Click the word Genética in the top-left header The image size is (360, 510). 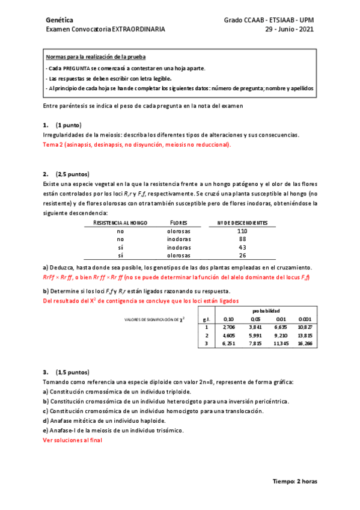59,20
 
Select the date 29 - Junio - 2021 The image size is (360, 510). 289,28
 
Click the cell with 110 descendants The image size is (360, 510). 242,231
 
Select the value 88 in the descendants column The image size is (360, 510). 242,239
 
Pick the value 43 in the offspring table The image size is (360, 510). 242,247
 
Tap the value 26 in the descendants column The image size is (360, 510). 242,256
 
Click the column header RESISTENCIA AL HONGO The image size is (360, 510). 120,223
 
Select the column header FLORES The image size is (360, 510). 179,223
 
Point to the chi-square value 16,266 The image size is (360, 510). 305,343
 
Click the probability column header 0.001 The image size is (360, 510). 305,319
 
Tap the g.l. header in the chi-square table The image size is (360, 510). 207,319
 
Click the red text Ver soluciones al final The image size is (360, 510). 73,440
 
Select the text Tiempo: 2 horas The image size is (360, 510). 295,481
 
